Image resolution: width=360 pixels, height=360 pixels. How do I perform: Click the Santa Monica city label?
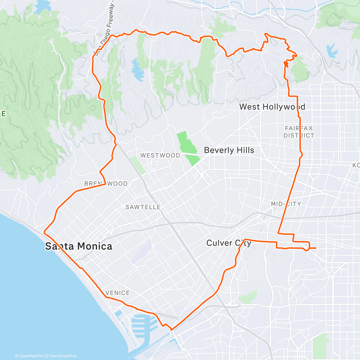pos(79,246)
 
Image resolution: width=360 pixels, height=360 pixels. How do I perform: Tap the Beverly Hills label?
pos(229,150)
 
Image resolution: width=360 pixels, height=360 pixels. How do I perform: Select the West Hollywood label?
pos(272,107)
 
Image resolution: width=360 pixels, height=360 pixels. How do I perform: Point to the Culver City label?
pos(228,243)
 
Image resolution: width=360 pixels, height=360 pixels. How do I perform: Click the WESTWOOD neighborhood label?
pos(160,155)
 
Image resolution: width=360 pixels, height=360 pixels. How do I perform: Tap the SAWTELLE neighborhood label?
pos(143,207)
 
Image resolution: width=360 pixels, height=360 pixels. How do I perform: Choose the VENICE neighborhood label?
pos(118,293)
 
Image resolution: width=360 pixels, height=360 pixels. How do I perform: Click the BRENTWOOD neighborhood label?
pos(106,184)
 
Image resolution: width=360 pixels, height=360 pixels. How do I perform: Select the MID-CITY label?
pos(286,204)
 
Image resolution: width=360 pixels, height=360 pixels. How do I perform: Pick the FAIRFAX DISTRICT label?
pos(299,132)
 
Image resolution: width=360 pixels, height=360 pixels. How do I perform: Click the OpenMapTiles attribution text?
pos(29,356)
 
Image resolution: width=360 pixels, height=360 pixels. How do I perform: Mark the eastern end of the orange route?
pos(316,248)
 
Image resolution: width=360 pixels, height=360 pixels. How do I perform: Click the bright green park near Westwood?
pos(187,147)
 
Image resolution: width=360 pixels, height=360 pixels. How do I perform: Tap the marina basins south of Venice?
pos(144,325)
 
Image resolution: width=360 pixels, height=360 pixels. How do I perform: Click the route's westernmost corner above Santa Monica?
pos(44,232)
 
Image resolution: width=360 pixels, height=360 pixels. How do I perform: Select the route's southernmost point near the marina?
pos(171,330)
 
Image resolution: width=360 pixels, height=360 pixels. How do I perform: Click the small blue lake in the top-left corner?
pos(43,7)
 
